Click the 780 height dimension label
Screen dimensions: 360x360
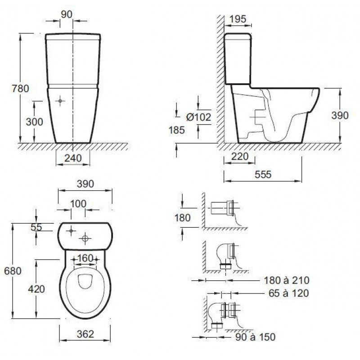coord(20,88)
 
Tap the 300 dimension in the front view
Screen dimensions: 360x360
coord(35,121)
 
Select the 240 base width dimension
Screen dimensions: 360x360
coord(73,158)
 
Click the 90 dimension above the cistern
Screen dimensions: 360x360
coord(67,14)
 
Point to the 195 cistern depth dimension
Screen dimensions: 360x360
coord(238,19)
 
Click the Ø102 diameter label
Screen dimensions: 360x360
coord(198,117)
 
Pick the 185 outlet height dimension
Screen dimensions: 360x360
coord(177,130)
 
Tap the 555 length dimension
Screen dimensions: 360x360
coord(263,175)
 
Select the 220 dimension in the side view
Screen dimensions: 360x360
coord(240,157)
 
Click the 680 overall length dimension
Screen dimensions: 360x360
coord(13,271)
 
